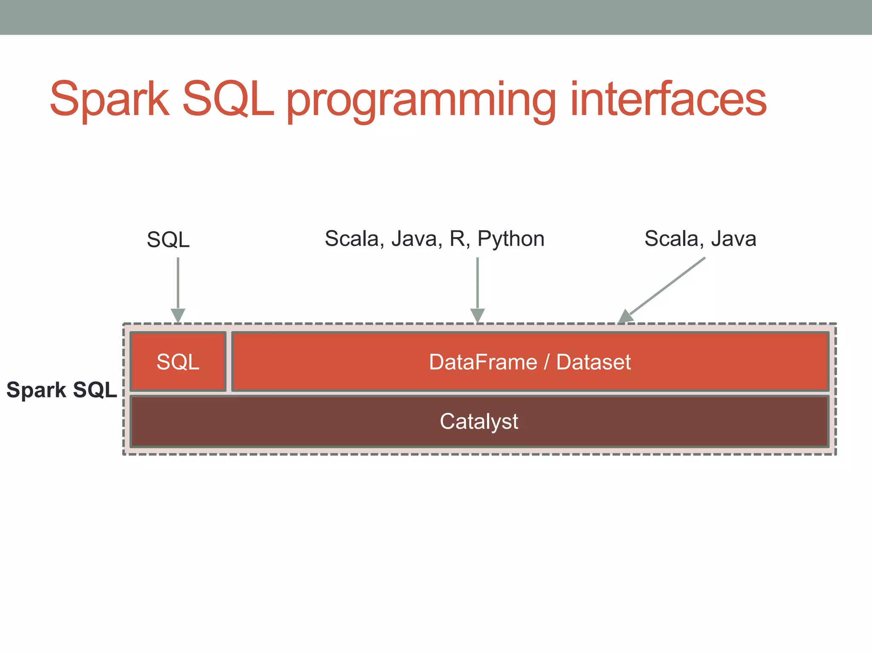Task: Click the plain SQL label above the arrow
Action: tap(168, 239)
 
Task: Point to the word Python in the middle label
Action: tap(511, 239)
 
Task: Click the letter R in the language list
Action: tap(457, 238)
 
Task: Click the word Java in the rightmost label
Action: tap(733, 238)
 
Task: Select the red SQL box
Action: tap(178, 362)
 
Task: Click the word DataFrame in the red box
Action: tap(482, 362)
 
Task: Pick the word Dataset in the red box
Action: tap(593, 362)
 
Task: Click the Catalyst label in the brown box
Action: tap(479, 422)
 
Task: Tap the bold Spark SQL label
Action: tap(61, 390)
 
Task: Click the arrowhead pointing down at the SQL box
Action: tap(178, 316)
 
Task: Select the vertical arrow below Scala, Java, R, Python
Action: tap(477, 285)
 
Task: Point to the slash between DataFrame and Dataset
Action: tap(547, 362)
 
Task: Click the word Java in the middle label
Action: tap(414, 238)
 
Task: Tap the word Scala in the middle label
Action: tap(351, 238)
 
